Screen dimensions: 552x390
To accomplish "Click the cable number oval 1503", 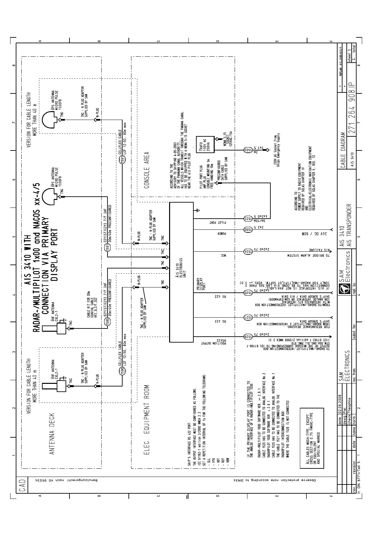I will pyautogui.click(x=248, y=150).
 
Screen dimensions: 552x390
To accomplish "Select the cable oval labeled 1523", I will pyautogui.click(x=248, y=218).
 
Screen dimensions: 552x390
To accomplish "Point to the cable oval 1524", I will pyautogui.click(x=248, y=251).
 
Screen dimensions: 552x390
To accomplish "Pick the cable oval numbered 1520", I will pyautogui.click(x=248, y=293).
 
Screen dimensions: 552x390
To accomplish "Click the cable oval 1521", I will pyautogui.click(x=248, y=317).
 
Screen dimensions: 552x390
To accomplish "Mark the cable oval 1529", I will pyautogui.click(x=248, y=336).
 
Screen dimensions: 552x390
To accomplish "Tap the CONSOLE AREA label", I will pyautogui.click(x=147, y=170).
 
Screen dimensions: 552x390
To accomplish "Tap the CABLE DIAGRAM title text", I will pyautogui.click(x=343, y=150).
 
